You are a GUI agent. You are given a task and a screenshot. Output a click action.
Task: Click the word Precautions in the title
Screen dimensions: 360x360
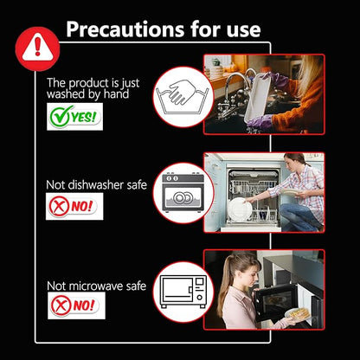tap(125, 29)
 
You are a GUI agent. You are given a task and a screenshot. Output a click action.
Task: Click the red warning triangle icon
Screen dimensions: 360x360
tap(37, 48)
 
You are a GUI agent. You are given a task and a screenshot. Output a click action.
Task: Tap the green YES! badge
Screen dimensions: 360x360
tap(74, 117)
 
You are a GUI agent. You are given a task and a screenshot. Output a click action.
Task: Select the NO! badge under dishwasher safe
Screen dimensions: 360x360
tap(74, 206)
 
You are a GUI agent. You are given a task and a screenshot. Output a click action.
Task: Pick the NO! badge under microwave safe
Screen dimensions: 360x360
tap(76, 305)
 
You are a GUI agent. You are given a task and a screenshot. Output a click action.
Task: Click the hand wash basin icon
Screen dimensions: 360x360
tap(182, 97)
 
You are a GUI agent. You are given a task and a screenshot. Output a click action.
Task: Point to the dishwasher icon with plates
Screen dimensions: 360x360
tap(183, 192)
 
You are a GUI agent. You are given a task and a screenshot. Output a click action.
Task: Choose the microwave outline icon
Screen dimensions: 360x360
tap(183, 292)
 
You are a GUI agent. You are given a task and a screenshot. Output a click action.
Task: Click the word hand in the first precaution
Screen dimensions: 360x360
tap(116, 94)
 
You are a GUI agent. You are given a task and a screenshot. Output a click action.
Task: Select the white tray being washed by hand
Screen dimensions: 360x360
tap(257, 97)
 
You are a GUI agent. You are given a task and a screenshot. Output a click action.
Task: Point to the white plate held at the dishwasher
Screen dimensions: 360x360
tap(239, 209)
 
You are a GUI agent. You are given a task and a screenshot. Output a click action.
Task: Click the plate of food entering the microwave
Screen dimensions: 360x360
tap(297, 314)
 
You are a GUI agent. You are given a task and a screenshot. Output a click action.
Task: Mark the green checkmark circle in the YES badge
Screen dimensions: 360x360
tap(60, 116)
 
